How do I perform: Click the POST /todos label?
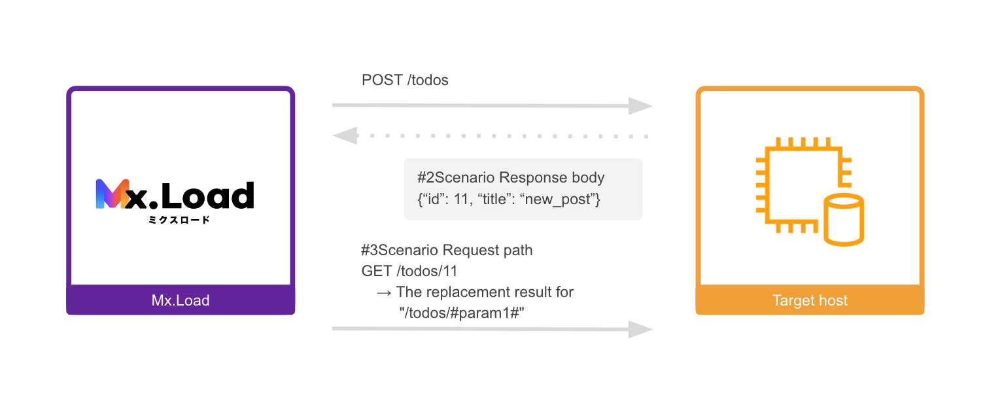[405, 80]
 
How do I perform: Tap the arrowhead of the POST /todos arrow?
[641, 106]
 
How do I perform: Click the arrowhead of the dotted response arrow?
[345, 135]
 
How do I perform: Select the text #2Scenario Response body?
[511, 177]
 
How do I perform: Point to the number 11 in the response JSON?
[461, 200]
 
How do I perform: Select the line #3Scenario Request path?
[447, 250]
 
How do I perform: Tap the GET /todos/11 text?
[409, 271]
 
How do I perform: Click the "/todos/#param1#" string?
[462, 313]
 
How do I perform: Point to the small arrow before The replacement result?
[383, 292]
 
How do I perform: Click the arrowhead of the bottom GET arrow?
[641, 329]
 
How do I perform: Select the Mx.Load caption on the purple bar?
[181, 300]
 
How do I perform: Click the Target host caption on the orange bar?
[810, 300]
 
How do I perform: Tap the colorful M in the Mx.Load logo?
[112, 194]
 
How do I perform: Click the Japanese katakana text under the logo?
[179, 220]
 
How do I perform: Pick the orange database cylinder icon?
[844, 220]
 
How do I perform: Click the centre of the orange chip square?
[804, 184]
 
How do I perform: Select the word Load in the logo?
[207, 196]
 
